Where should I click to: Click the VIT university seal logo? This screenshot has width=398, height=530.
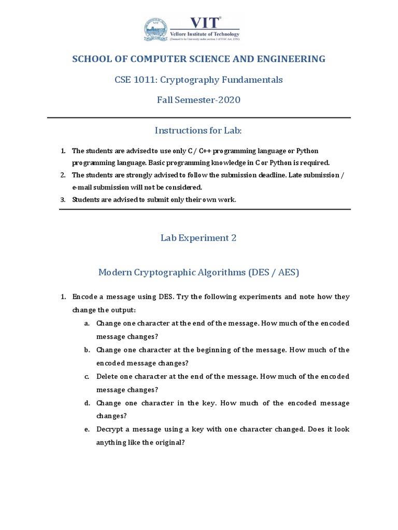coord(157,29)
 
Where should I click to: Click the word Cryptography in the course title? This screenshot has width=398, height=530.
coord(191,80)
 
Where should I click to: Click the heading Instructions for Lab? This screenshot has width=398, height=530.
coord(199,131)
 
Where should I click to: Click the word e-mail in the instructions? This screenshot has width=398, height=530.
coord(81,187)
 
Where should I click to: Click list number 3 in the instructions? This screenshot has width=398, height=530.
coord(63,199)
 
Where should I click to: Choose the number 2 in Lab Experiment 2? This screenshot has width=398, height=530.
coord(234,238)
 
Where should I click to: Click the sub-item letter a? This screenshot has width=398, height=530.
coord(87,323)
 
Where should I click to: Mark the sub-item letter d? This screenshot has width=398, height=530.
coord(87,403)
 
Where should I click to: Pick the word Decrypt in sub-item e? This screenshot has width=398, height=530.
coord(110,430)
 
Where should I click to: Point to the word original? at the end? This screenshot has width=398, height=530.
coord(169,443)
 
